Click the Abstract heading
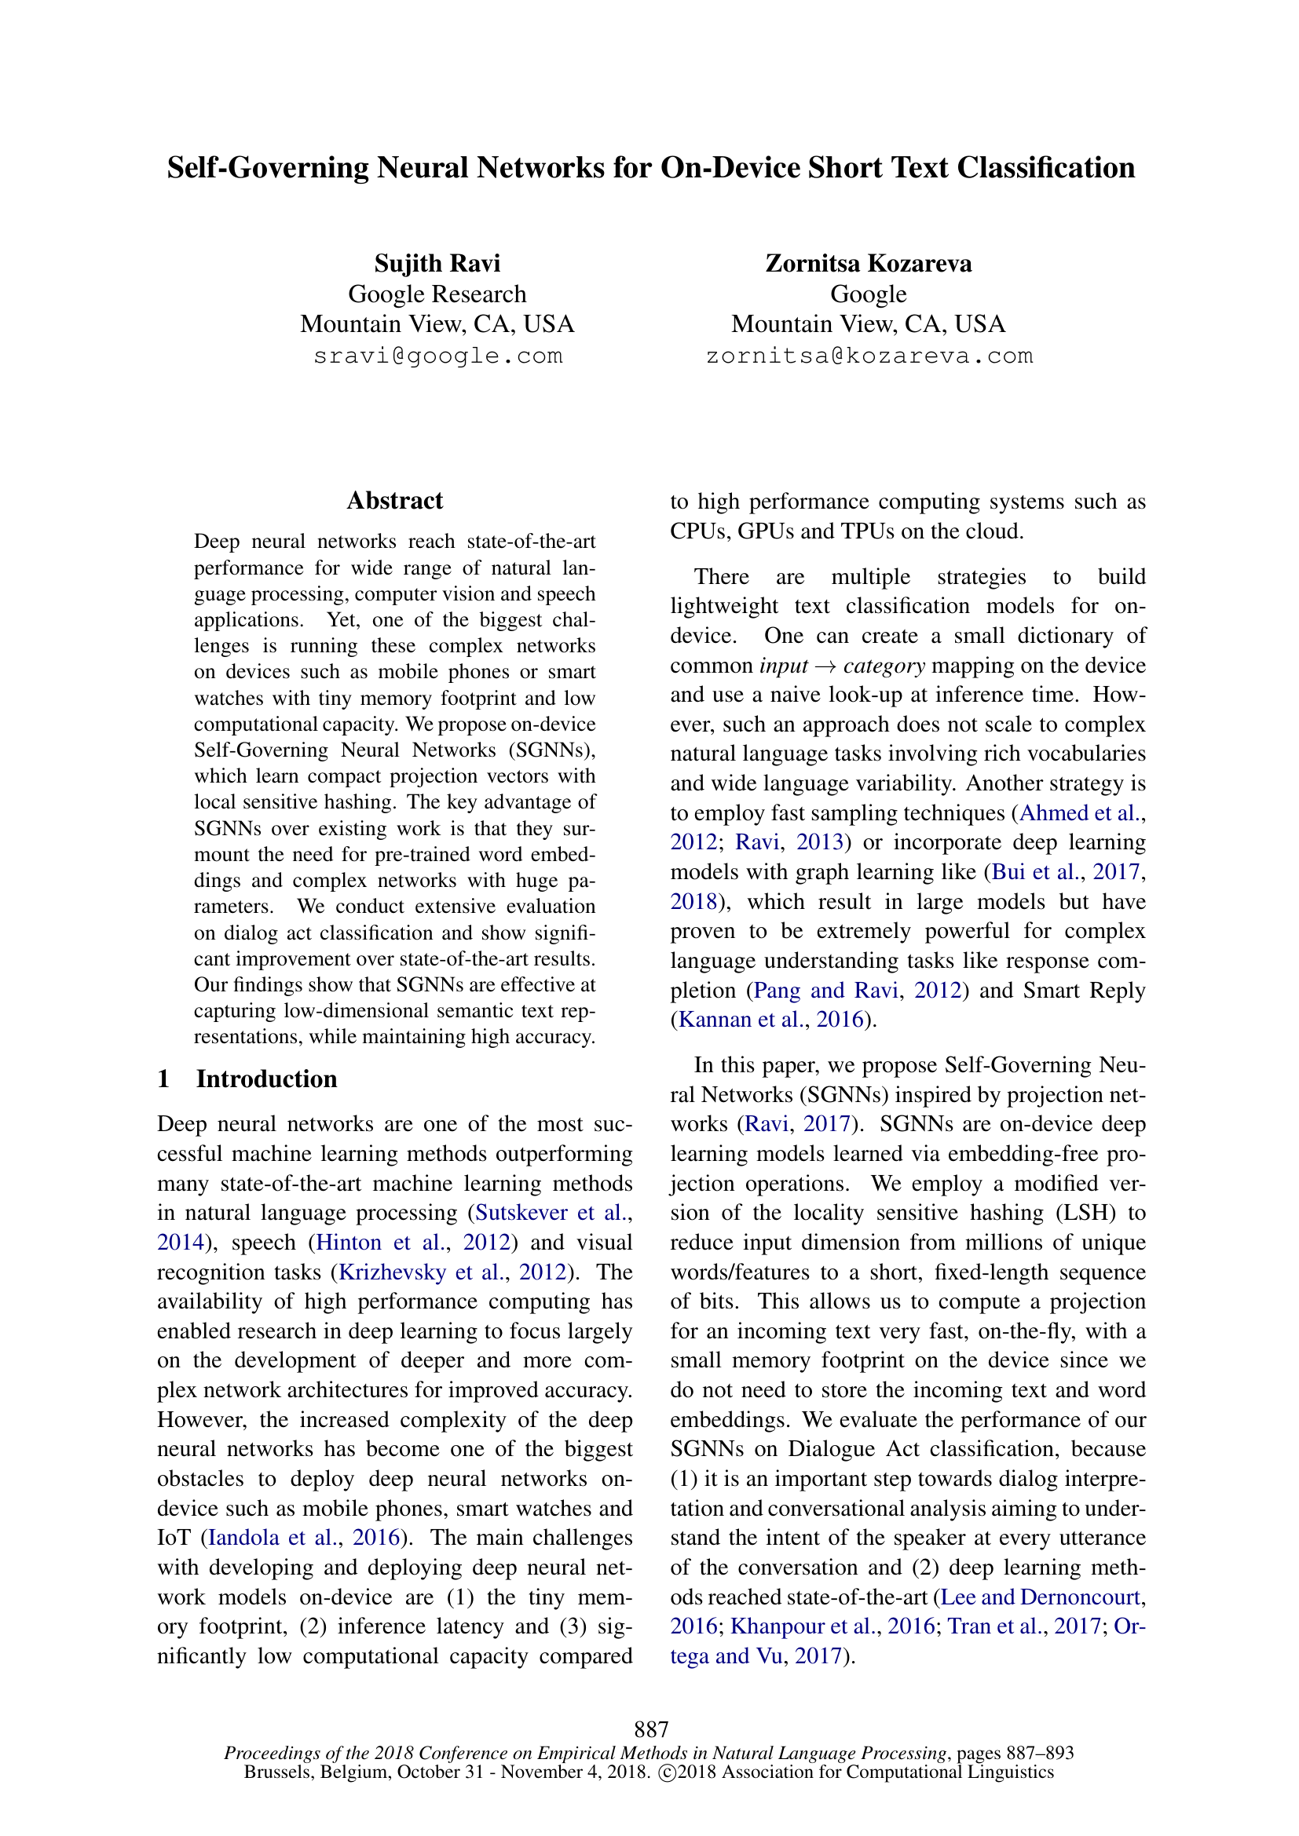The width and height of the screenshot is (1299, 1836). (x=394, y=501)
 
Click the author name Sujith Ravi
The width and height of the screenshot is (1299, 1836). (x=437, y=263)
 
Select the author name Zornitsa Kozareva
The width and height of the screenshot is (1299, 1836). (x=868, y=263)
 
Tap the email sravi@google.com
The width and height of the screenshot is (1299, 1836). (x=437, y=356)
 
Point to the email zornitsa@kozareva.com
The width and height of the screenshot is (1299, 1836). (x=869, y=356)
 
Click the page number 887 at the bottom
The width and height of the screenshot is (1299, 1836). (x=650, y=1730)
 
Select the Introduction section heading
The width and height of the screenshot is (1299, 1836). (x=266, y=1079)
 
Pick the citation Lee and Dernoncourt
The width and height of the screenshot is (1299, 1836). (x=1040, y=1597)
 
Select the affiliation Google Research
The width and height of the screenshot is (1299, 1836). (x=437, y=294)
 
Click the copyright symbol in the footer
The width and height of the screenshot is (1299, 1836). (x=665, y=1773)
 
